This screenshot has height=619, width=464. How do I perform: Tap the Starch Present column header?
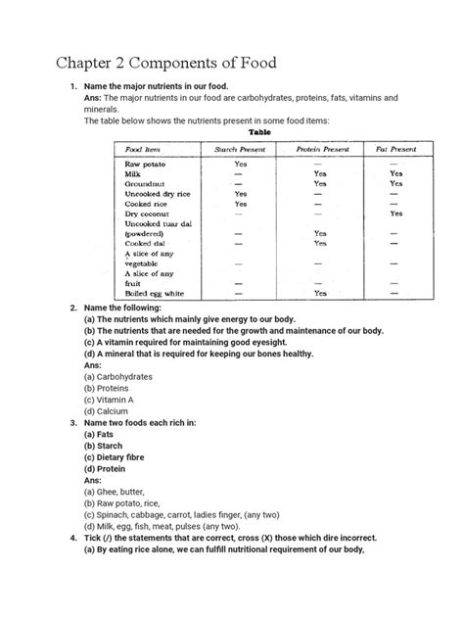[240, 149]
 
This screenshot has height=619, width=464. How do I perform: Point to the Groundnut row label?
[145, 183]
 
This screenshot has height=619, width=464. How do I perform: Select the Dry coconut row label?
[147, 214]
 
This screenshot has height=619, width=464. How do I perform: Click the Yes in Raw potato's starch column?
[240, 164]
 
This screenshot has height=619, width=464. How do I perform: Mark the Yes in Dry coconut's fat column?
[394, 214]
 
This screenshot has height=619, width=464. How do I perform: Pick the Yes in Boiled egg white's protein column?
[320, 293]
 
